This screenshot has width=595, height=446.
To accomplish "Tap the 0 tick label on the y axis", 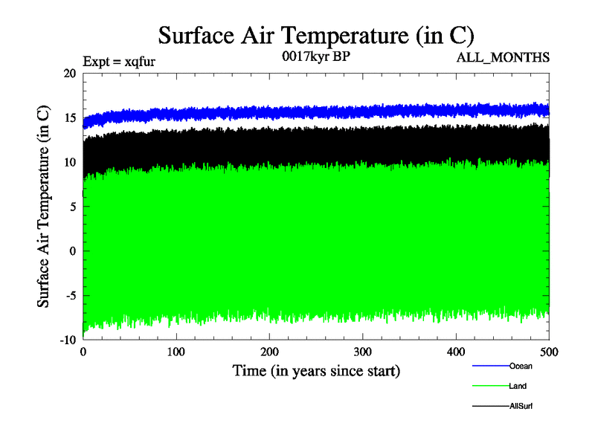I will click(73, 251).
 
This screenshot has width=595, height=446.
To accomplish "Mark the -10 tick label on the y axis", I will click(68, 340).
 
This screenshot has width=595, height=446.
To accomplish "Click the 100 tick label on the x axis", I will click(176, 351).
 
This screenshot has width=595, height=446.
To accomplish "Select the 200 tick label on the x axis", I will click(270, 351).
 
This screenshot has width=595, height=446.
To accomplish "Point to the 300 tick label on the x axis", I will click(363, 351).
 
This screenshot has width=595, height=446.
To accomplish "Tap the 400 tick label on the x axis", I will click(456, 351).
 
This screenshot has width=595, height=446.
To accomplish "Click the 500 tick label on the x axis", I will click(549, 351).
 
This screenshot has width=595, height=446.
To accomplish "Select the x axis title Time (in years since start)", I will click(316, 370).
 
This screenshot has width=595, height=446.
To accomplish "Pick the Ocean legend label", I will click(521, 366).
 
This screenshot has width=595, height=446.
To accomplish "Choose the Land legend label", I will click(518, 386).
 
